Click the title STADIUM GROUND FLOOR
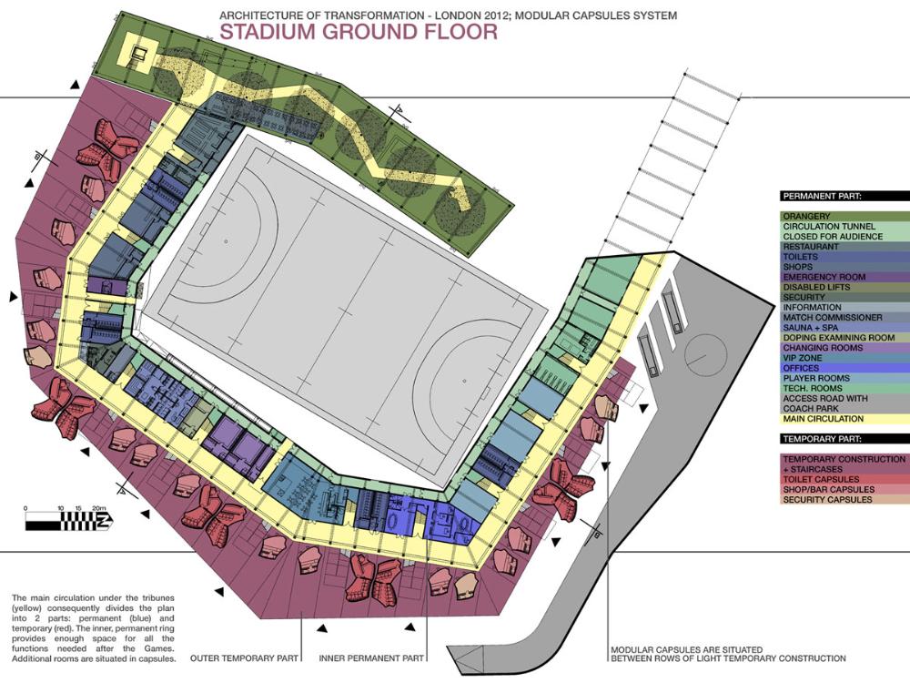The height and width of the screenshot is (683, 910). coord(359,32)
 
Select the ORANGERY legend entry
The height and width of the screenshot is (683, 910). coord(806,216)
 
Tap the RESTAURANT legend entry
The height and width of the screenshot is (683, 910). coord(811,246)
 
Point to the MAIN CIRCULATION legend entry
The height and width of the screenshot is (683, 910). coord(823,419)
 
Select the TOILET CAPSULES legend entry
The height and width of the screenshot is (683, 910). coord(821,479)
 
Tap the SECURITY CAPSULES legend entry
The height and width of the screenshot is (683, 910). coord(827,499)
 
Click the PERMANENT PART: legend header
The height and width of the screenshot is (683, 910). coord(822,197)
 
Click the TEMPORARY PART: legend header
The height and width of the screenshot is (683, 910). coord(822,439)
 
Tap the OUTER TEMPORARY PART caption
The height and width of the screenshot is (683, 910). coord(244,658)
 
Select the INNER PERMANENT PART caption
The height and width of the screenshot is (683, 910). coord(371,658)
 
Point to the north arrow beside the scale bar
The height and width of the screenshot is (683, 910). coord(105,520)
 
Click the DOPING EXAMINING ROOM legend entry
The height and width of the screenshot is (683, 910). coord(831,338)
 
